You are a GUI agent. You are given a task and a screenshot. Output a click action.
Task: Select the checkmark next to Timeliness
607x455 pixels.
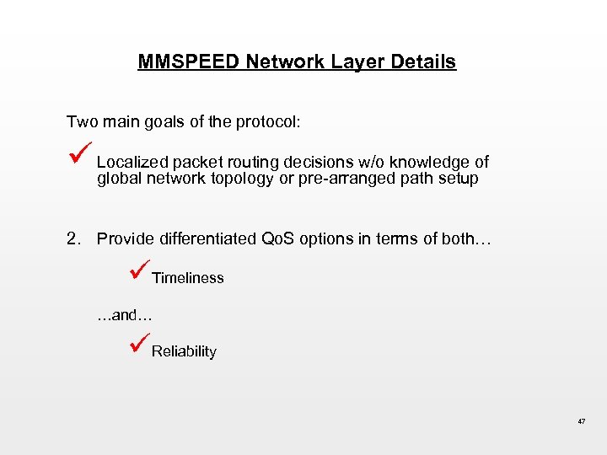pyautogui.click(x=140, y=271)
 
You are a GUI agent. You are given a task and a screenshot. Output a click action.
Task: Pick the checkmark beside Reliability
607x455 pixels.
pyautogui.click(x=140, y=345)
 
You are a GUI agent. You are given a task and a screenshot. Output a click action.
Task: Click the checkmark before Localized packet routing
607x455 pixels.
pyautogui.click(x=79, y=153)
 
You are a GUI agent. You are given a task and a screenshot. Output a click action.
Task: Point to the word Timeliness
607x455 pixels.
pyautogui.click(x=188, y=278)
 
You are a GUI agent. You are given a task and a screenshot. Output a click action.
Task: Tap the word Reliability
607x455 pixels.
pyautogui.click(x=184, y=351)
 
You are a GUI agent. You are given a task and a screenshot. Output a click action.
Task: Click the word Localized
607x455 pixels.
pyautogui.click(x=132, y=162)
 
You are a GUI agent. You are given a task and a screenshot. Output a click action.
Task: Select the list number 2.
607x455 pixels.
pyautogui.click(x=73, y=238)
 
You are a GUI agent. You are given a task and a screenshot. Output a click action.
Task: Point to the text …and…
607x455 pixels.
pyautogui.click(x=123, y=314)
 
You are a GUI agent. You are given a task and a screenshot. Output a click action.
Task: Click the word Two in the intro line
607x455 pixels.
pyautogui.click(x=82, y=121)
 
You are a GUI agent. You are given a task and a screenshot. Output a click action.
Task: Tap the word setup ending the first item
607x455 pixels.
pyautogui.click(x=459, y=179)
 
